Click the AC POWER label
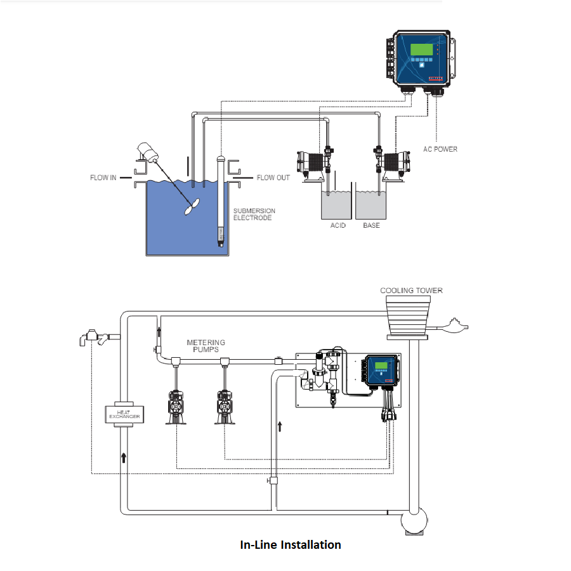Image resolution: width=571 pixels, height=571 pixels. tap(440, 149)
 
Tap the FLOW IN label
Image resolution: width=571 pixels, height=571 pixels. tap(103, 178)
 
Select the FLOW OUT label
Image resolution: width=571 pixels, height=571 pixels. tap(273, 178)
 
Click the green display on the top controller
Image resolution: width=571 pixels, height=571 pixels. tap(420, 50)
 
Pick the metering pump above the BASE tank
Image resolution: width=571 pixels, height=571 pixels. tap(393, 162)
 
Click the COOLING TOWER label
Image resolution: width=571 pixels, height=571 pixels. tap(411, 291)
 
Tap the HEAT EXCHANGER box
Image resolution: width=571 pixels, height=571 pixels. tap(123, 414)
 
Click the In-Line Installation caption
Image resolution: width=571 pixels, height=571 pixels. tap(290, 544)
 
